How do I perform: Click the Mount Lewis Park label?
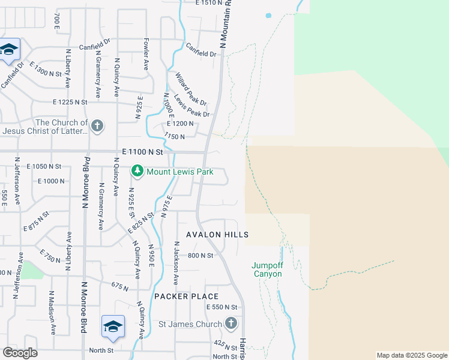[x=179, y=172]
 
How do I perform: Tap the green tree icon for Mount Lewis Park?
[x=137, y=172]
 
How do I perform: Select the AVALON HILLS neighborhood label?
[x=217, y=235]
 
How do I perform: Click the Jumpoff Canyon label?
[x=267, y=269]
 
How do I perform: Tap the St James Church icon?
[x=231, y=325]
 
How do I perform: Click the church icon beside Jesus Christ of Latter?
[x=97, y=126]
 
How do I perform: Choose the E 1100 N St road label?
[x=142, y=154]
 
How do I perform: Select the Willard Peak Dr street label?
[x=191, y=88]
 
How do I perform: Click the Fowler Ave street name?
[x=146, y=55]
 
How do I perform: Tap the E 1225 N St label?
[x=70, y=102]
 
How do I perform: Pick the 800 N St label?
[x=200, y=256]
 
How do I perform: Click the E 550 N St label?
[x=222, y=307]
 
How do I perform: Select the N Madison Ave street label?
[x=52, y=313]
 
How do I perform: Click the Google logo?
[x=20, y=353]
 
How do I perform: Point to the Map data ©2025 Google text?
[x=412, y=355]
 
